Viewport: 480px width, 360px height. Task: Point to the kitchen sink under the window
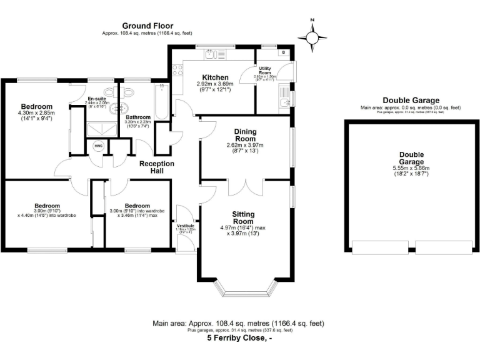[215, 55]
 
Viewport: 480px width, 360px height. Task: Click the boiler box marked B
[284, 53]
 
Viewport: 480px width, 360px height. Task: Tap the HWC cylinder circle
[98, 146]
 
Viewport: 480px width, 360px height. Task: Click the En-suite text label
[97, 98]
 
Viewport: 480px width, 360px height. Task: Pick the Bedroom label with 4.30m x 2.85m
[36, 106]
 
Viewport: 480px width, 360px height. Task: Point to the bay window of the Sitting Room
[245, 289]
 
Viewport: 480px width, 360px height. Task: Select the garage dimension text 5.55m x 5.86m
[411, 169]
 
